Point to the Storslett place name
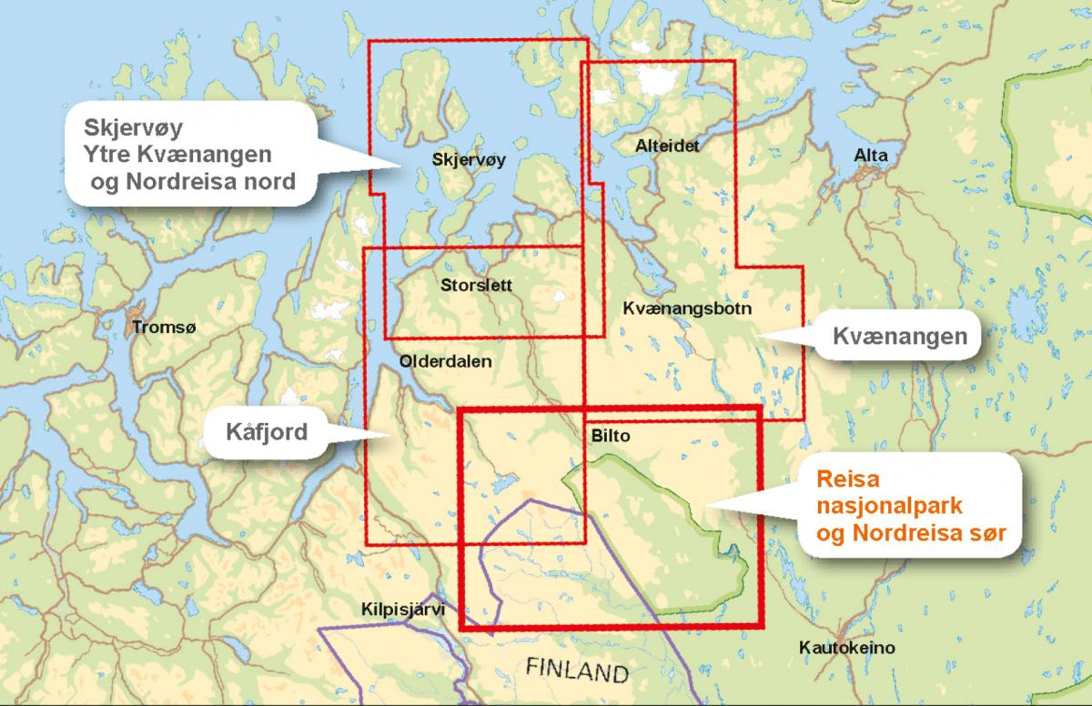[x=475, y=285]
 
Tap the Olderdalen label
[x=445, y=361]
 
